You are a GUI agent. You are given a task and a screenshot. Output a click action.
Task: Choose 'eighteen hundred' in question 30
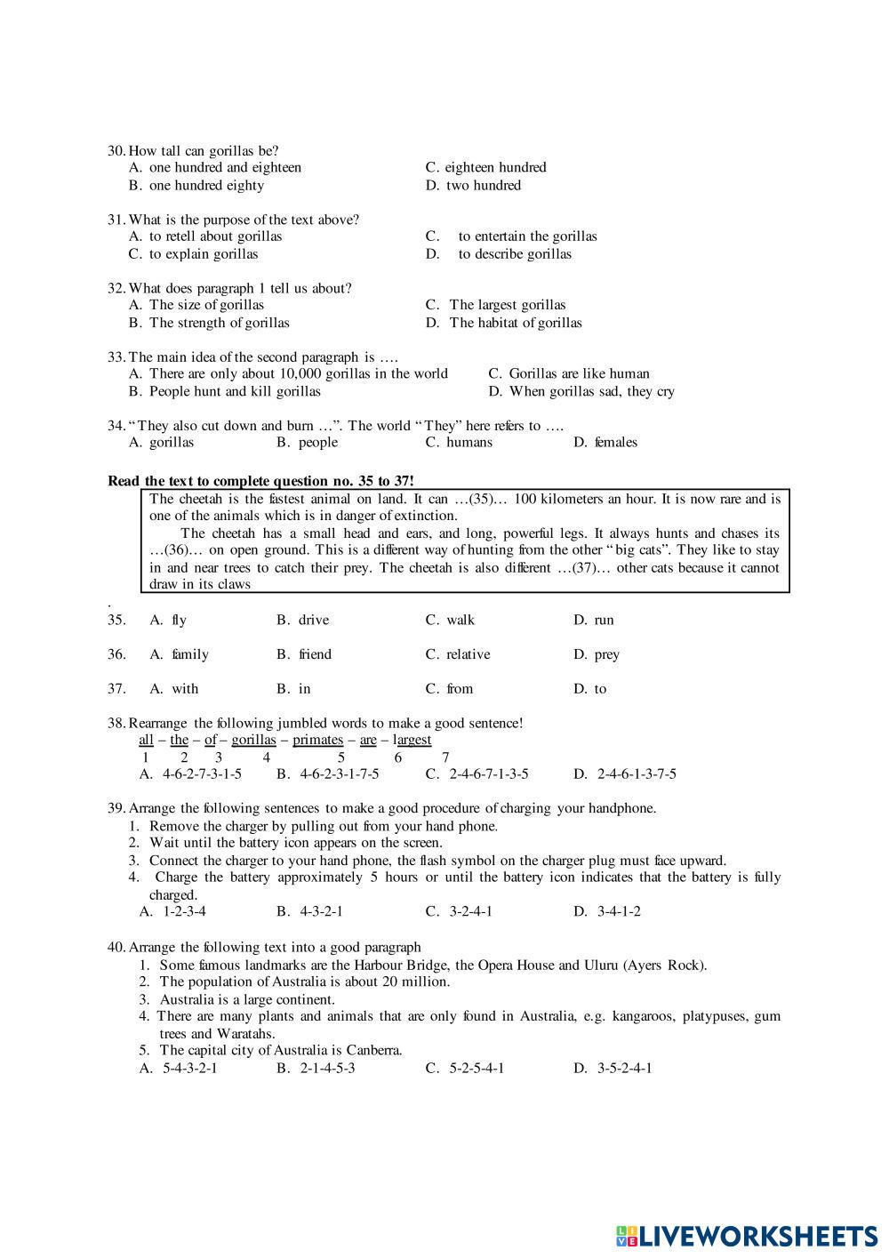click(494, 167)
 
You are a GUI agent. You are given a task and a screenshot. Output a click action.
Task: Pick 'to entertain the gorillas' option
click(527, 236)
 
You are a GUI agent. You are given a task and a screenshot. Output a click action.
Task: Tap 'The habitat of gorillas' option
click(515, 323)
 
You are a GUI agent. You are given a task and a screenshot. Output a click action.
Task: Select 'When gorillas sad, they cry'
click(591, 391)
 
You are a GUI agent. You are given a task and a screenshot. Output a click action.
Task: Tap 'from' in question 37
click(460, 689)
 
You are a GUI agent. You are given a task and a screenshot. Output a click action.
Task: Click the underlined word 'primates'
click(317, 740)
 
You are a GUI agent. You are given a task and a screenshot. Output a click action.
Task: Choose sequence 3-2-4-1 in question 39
click(470, 911)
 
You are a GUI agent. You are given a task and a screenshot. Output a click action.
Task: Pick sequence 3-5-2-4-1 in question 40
click(622, 1068)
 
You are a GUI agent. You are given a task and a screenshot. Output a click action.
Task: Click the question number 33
click(116, 357)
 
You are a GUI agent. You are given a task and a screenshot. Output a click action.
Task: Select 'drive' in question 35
click(313, 621)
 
